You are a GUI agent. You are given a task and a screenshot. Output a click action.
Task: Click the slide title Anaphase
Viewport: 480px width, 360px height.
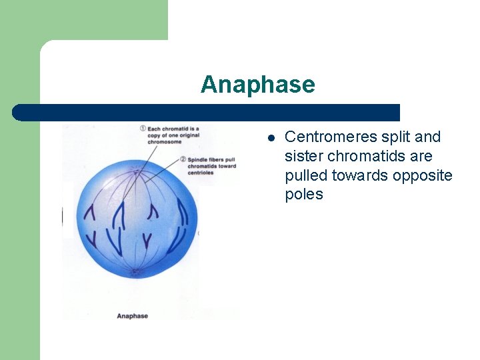coord(257,85)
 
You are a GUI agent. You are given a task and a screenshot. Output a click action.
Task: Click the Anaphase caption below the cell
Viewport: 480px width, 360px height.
coord(132,315)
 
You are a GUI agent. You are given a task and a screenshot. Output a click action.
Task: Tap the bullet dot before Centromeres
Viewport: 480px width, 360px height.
coord(271,138)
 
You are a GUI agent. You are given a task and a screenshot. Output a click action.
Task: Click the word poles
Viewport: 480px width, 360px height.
coord(303,195)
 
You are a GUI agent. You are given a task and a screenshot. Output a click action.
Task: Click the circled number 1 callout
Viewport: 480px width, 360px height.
coord(143,128)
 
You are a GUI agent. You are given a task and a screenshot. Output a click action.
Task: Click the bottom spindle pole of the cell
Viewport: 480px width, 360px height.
coord(135,271)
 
